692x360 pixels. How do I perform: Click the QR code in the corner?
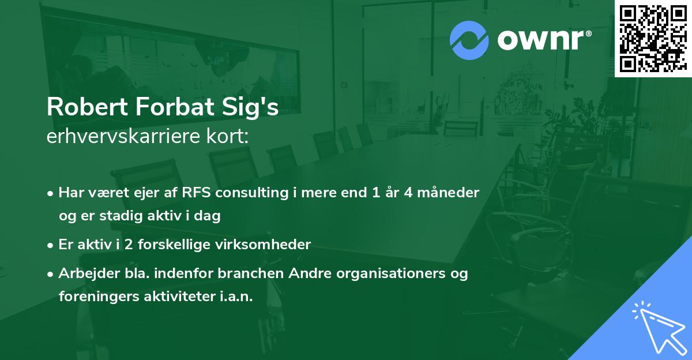coord(653,38)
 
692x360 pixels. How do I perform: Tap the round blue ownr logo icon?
coord(469,40)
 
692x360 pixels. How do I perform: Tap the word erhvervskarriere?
coord(123,137)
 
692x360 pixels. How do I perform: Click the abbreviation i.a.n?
coord(237,297)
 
